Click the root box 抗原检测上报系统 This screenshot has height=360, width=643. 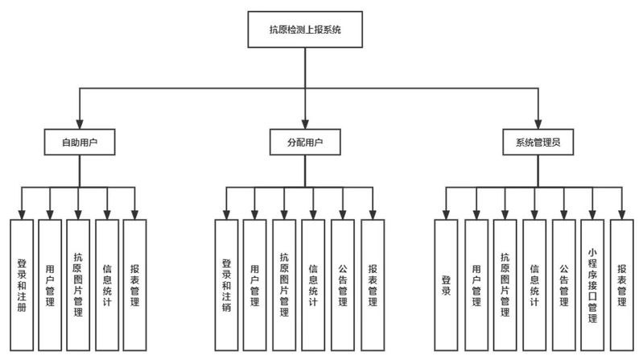[306, 33]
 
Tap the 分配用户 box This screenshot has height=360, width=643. [305, 143]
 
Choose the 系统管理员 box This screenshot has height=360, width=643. [537, 143]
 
